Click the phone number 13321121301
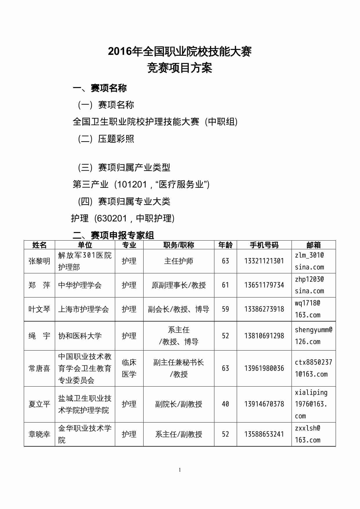pos(264,261)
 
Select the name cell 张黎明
pos(39,261)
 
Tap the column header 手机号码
pos(264,245)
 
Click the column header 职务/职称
pos(179,245)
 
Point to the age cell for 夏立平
pos(225,404)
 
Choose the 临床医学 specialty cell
pos(129,368)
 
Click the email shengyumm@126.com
pos(313,336)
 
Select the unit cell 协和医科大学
pos(80,336)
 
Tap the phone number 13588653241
pos(264,434)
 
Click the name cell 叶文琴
pos(39,309)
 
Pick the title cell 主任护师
pos(179,261)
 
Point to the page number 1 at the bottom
pos(180,470)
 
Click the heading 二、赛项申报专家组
pos(113,235)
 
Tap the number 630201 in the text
pos(112,218)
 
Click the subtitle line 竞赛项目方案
pos(180,68)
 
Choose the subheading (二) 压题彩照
pos(106,139)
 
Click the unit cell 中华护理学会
pos(80,285)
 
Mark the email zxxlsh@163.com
pos(308,434)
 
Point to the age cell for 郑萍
pos(225,285)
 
